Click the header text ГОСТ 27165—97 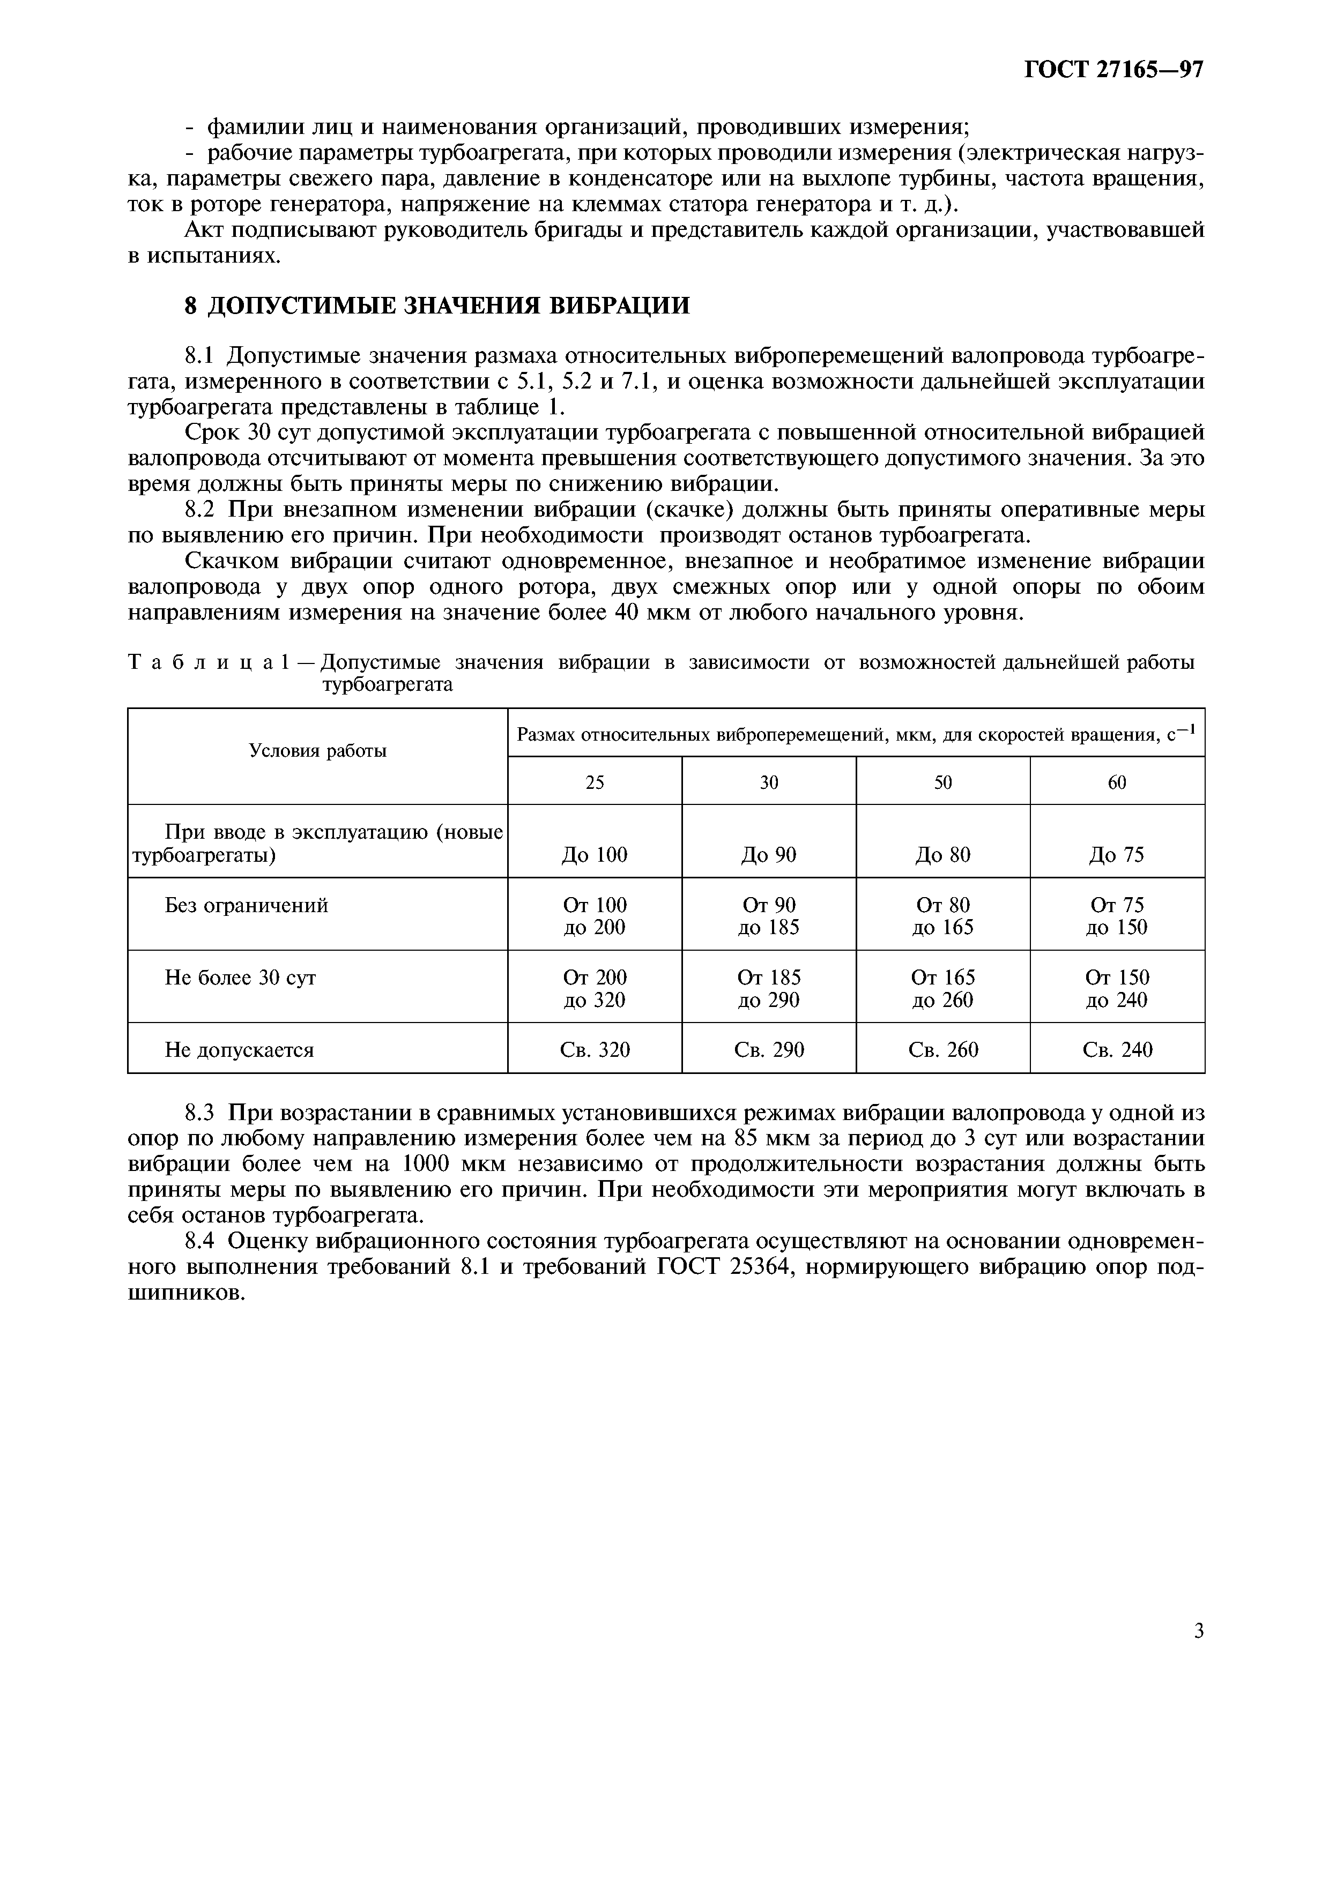(x=1113, y=70)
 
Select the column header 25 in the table (x=595, y=782)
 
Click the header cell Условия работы (x=318, y=751)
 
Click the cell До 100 (x=595, y=855)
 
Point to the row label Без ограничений (x=247, y=906)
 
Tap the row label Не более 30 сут (x=240, y=978)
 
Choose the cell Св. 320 (x=595, y=1050)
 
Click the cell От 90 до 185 (x=769, y=916)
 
